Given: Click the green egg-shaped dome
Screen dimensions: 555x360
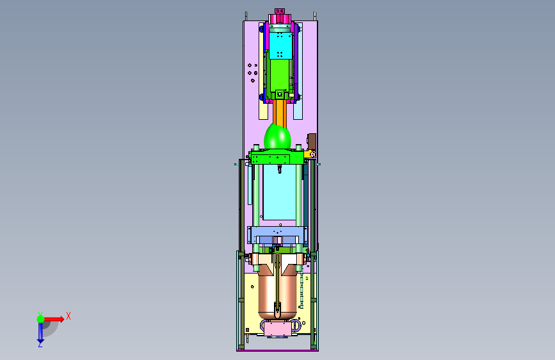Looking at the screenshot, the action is click(278, 137).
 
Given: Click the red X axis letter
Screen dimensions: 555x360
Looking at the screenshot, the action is click(68, 316).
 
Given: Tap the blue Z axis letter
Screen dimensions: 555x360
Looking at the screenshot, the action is click(40, 344).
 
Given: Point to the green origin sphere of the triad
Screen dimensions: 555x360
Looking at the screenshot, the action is click(41, 319).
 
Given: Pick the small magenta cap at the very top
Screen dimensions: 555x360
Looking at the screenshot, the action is click(280, 11).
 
